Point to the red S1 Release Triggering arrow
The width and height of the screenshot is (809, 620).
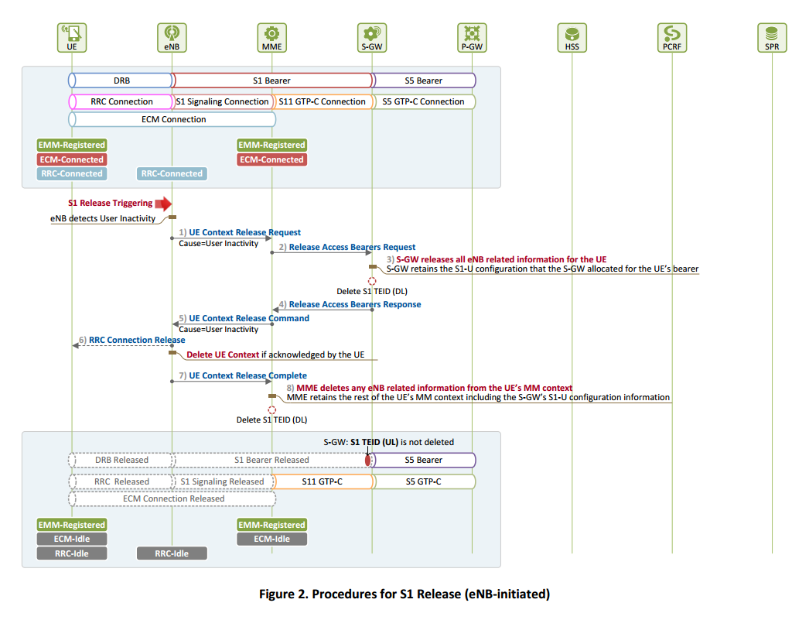(x=163, y=204)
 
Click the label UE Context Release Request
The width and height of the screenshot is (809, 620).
(x=244, y=232)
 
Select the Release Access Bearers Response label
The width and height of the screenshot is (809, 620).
(x=355, y=305)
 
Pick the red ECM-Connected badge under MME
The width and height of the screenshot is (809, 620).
(x=271, y=159)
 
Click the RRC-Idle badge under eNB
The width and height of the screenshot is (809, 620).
(x=172, y=553)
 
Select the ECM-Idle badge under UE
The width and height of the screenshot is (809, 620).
(x=71, y=539)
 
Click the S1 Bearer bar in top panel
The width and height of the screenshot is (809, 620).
(x=271, y=80)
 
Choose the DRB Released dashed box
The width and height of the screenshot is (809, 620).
(x=121, y=460)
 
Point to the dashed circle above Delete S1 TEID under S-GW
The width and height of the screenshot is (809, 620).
(x=372, y=281)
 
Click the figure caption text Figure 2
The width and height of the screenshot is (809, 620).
(x=404, y=594)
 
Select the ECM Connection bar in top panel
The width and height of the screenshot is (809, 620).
(x=172, y=119)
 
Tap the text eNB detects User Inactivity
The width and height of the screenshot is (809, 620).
(x=103, y=218)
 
